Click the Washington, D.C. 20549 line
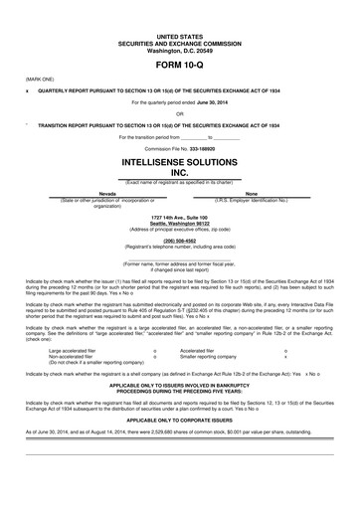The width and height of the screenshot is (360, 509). tap(179, 23)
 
